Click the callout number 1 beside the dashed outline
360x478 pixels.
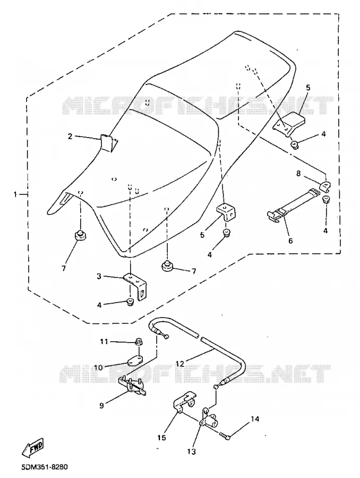(15, 194)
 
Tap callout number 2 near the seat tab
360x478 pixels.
(70, 136)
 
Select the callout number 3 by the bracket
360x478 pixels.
(99, 276)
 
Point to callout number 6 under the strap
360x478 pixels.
(290, 241)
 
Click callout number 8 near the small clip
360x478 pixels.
(298, 174)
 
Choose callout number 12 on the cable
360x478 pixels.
(180, 363)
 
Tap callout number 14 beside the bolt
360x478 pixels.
(255, 419)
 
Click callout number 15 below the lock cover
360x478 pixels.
(161, 438)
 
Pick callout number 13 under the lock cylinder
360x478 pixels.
(192, 451)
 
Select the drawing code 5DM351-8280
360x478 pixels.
(44, 467)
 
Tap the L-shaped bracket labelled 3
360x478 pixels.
(136, 287)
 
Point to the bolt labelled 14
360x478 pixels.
(225, 436)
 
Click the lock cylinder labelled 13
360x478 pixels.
(210, 419)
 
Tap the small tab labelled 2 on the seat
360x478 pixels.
(108, 142)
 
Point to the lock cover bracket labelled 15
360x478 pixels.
(185, 403)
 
